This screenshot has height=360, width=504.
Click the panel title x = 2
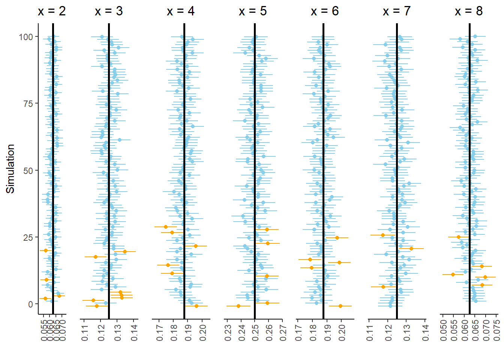[x=52, y=11]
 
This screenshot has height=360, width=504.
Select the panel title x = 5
[x=253, y=11]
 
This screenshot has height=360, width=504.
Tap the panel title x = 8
[x=469, y=11]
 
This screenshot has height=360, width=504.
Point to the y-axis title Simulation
[x=10, y=169]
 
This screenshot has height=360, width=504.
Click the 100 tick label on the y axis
[x=26, y=37]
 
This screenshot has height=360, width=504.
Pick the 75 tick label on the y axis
[x=28, y=103]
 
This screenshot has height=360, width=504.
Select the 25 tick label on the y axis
[x=28, y=237]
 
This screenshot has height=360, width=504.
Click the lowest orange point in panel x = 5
[x=238, y=306]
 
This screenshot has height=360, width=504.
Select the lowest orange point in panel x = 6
[x=340, y=306]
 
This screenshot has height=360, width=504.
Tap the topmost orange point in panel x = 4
[x=166, y=227]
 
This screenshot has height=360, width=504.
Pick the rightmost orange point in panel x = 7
[x=411, y=248]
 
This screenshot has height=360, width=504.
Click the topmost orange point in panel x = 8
[x=459, y=237]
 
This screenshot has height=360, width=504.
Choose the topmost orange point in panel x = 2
[x=46, y=250]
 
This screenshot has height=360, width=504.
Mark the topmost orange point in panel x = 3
[x=124, y=252]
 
